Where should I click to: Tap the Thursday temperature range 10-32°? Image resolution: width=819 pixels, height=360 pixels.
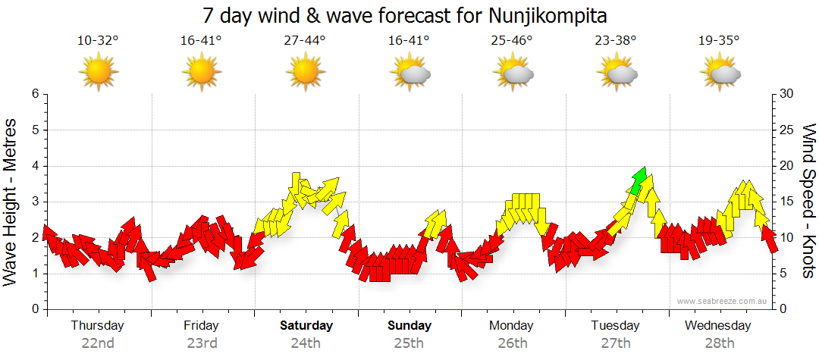[x=98, y=41]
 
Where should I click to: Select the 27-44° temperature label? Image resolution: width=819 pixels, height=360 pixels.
[x=305, y=41]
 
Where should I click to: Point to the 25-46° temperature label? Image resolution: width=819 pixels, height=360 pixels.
[x=512, y=41]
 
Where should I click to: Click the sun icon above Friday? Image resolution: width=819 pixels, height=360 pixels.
[x=201, y=73]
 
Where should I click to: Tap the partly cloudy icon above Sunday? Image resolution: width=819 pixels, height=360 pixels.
[x=409, y=73]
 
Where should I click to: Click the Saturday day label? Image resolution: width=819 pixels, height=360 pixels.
[x=306, y=326]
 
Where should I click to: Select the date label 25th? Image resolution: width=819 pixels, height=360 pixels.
[x=409, y=343]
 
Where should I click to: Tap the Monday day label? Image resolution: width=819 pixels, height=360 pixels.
[x=512, y=326]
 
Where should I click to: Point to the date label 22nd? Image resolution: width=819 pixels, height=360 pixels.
[x=98, y=343]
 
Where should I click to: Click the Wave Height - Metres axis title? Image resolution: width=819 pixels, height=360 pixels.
[x=11, y=202]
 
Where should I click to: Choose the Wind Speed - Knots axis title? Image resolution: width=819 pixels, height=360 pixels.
[x=808, y=202]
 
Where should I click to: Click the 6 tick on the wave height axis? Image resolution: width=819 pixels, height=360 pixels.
[x=34, y=94]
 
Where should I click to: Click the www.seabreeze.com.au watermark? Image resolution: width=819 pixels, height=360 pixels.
[x=723, y=301]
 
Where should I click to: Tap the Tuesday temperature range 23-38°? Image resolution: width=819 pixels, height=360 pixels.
[x=616, y=41]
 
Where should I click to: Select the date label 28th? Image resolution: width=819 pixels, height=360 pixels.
[x=719, y=343]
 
